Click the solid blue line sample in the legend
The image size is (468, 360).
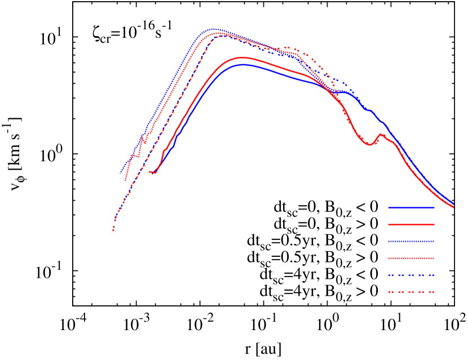click(x=411, y=207)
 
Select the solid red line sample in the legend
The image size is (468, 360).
click(x=411, y=224)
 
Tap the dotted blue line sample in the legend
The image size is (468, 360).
click(x=411, y=241)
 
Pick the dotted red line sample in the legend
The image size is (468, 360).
click(x=411, y=258)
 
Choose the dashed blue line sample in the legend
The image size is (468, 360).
click(x=411, y=275)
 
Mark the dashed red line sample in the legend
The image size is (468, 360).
click(x=411, y=292)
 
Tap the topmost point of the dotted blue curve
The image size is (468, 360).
click(x=214, y=29)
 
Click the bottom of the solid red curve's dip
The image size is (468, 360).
click(x=370, y=145)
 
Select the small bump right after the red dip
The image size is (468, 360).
click(x=381, y=134)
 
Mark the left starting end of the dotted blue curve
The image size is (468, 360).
click(x=121, y=173)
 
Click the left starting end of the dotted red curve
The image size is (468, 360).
click(x=125, y=180)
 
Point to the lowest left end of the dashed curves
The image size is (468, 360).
click(x=113, y=230)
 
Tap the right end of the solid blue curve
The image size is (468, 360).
click(x=453, y=204)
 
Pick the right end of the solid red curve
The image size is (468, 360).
click(x=453, y=207)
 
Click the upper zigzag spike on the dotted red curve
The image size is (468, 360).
click(x=142, y=136)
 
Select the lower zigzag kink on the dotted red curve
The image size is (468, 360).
click(x=138, y=157)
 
